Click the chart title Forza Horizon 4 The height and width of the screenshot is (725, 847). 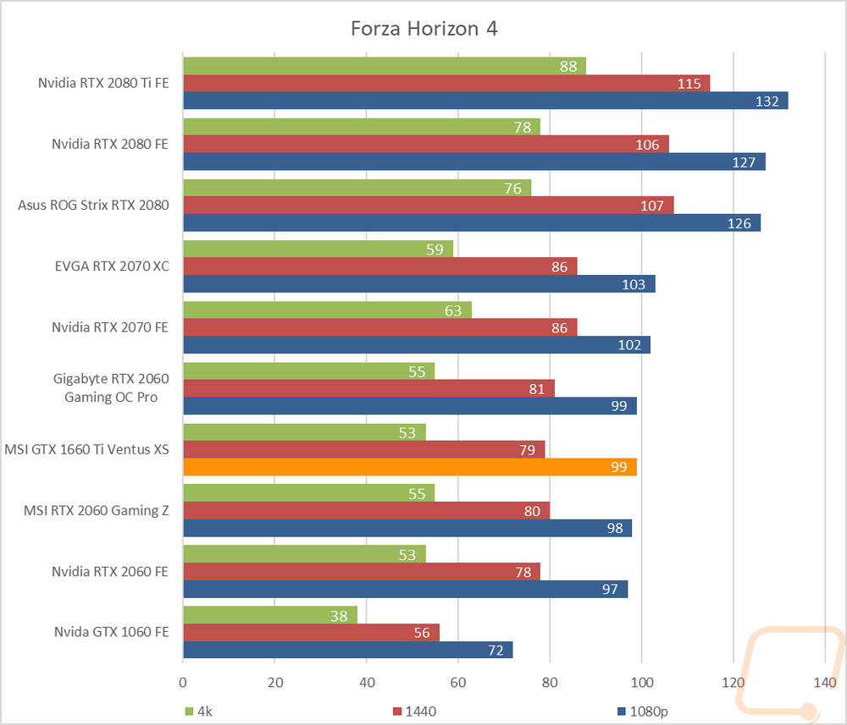point(424,29)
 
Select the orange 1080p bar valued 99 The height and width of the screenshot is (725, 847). point(409,467)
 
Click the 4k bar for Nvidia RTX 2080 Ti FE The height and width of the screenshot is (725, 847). point(384,66)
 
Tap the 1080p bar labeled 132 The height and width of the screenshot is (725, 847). point(485,101)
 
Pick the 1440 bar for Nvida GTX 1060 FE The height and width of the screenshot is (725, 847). point(311,632)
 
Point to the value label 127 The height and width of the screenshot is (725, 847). point(743,162)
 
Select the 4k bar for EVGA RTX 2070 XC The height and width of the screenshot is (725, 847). point(318,249)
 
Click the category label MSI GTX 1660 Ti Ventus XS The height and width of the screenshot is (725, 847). point(86,449)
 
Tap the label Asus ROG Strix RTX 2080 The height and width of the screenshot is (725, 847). point(93,205)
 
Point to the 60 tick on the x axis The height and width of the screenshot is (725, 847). point(458,681)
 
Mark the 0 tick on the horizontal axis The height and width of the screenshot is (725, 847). point(183,681)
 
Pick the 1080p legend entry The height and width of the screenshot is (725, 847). point(644,711)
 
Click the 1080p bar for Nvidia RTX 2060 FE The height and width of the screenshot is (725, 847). point(405,589)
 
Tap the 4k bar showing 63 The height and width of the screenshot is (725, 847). point(327,310)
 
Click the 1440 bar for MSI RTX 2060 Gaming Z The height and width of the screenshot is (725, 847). point(366,510)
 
